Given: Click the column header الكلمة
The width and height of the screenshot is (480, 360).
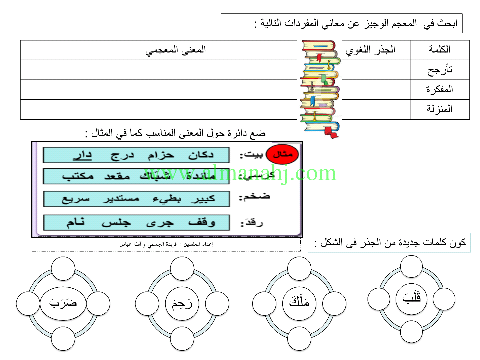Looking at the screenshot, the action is (x=439, y=50).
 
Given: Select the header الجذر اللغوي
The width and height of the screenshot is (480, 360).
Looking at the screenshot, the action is (x=370, y=50).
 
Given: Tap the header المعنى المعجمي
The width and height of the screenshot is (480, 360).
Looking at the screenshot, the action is (x=175, y=50).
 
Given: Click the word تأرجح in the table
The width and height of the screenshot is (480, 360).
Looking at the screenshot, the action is (x=440, y=70).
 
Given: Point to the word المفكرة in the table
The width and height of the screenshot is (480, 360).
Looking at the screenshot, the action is (x=439, y=89).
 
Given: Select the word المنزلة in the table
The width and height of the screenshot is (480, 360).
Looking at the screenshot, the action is (x=439, y=109).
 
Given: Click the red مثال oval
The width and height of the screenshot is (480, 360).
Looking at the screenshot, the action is (x=283, y=154).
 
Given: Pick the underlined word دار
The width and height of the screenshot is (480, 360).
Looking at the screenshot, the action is (x=82, y=155).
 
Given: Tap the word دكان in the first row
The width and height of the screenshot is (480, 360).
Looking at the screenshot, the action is (x=201, y=155).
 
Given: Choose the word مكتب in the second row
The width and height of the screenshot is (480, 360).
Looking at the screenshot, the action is (x=78, y=176).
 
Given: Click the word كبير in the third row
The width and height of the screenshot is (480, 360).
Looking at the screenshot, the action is (x=203, y=199).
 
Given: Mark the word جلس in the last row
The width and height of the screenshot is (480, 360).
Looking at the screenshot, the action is (x=116, y=223).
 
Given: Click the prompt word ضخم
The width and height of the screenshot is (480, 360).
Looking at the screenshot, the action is (x=254, y=197).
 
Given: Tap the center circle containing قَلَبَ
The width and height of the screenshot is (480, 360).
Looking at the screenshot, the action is (x=412, y=298).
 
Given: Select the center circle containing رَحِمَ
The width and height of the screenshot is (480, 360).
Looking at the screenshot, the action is (x=182, y=304).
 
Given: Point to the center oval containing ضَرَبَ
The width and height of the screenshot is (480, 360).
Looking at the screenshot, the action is (x=63, y=303).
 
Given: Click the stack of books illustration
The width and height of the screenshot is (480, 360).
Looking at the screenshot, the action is (x=320, y=88).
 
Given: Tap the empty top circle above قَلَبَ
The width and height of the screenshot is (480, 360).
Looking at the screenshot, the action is (x=411, y=266).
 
